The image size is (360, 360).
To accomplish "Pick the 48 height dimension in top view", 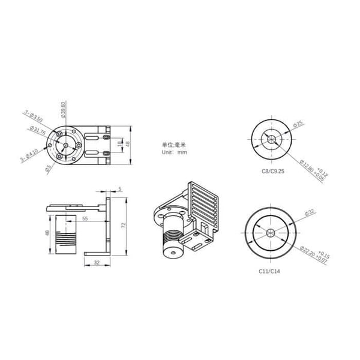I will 127,143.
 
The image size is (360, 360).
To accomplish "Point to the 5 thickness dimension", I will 119,189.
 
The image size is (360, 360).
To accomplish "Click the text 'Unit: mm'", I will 174,152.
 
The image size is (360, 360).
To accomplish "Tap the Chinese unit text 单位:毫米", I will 174,144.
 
